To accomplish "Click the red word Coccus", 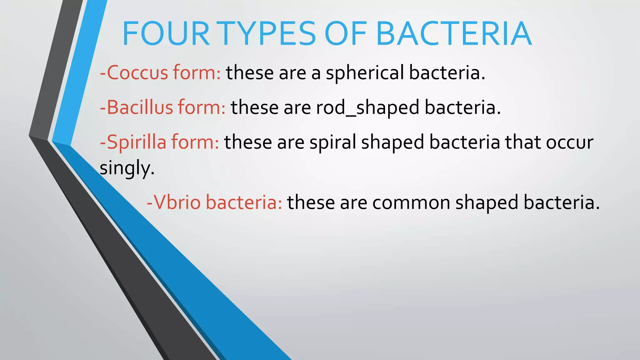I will coord(137,72).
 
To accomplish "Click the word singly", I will coord(127,169).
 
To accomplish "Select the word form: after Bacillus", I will coord(202,107).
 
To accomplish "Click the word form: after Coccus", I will coord(197,72).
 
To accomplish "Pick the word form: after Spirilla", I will coord(195,142).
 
